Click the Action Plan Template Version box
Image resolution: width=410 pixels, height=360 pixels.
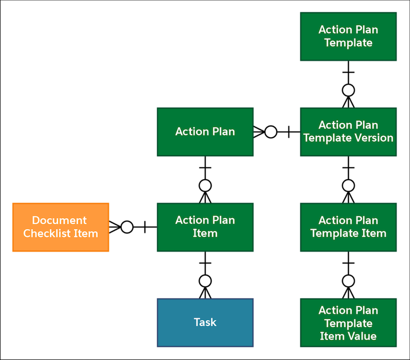pyautogui.click(x=348, y=132)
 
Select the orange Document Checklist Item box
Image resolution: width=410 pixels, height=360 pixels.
pyautogui.click(x=60, y=227)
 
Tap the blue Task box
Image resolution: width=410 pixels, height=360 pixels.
pyautogui.click(x=205, y=323)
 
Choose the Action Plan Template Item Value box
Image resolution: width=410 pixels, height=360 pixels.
pyautogui.click(x=348, y=323)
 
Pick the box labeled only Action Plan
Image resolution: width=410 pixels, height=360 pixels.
pyautogui.click(x=205, y=132)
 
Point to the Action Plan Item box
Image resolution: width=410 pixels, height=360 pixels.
pyautogui.click(x=205, y=227)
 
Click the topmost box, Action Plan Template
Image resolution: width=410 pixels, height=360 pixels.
pyautogui.click(x=348, y=36)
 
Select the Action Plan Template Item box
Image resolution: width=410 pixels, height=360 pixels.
pyautogui.click(x=348, y=227)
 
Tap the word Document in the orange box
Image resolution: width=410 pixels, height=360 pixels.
pyautogui.click(x=59, y=220)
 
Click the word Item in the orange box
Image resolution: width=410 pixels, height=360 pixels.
pyautogui.click(x=86, y=234)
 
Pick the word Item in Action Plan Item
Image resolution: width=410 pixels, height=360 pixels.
pyautogui.click(x=205, y=234)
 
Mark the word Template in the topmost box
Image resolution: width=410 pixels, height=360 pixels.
pyautogui.click(x=348, y=43)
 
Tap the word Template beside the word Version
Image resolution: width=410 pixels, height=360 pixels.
pyautogui.click(x=325, y=138)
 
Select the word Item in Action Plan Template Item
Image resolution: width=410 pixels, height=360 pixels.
pyautogui.click(x=374, y=234)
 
